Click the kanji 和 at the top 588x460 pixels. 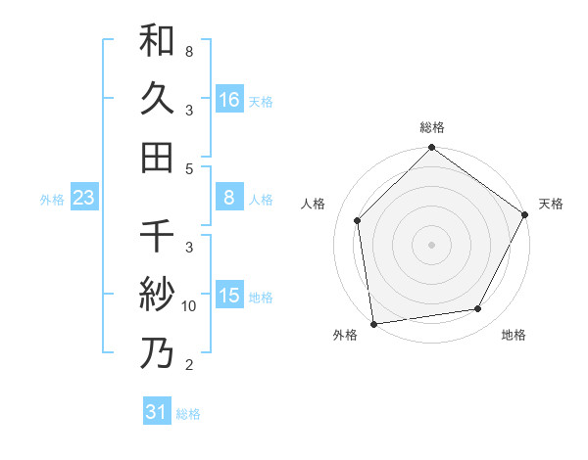pos(157,41)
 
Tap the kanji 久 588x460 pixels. pos(157,99)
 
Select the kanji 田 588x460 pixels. pos(157,156)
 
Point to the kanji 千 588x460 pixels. pos(157,238)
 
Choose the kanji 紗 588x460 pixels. pos(157,295)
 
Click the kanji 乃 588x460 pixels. pos(157,352)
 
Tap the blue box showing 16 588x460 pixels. pos(229,99)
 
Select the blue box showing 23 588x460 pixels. pos(84,199)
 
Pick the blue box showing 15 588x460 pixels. pos(229,296)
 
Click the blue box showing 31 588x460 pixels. pos(157,412)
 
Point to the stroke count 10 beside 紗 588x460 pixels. pos(189,306)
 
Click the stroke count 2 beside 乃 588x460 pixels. pos(189,365)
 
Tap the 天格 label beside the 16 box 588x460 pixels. pos(261,101)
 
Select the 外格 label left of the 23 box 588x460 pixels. pos(52,200)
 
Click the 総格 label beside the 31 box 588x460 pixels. pos(188,414)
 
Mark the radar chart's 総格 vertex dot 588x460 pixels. pos(431,149)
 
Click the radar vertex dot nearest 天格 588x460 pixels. pos(525,214)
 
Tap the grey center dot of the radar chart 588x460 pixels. pos(431,244)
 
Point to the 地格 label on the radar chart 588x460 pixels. pos(514,336)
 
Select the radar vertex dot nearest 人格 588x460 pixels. pos(358,220)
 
